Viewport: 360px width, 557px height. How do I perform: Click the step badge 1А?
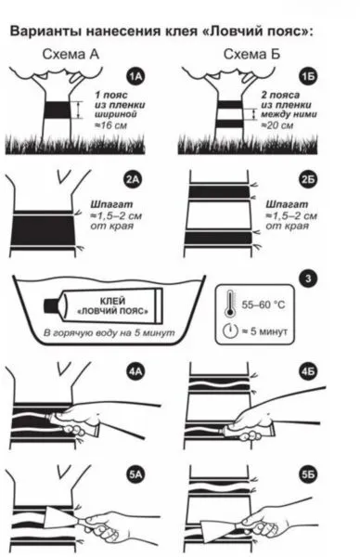135,76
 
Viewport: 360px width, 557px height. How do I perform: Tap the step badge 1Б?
307,76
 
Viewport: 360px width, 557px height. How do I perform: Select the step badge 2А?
133,180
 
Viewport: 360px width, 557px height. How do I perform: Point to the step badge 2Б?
307,180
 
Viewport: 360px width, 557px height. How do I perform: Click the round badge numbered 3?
308,278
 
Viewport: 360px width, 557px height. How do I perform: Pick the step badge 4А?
135,371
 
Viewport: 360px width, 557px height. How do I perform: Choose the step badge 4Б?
308,371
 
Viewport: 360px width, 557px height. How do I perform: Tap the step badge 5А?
135,474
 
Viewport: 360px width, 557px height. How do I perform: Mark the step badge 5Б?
308,474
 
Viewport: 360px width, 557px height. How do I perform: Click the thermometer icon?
230,304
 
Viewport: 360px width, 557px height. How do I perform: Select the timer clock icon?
230,330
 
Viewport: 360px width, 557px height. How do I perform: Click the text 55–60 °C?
264,304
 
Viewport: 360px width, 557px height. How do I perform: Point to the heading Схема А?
71,55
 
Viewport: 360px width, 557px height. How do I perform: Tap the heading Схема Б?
251,55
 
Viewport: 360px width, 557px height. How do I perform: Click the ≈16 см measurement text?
110,125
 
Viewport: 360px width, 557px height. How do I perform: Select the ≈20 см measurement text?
277,125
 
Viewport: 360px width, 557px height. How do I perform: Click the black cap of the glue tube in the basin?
52,305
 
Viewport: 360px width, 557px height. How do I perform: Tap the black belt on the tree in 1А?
57,110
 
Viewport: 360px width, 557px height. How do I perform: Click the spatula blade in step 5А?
58,517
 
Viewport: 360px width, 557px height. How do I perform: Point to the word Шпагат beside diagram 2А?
111,204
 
